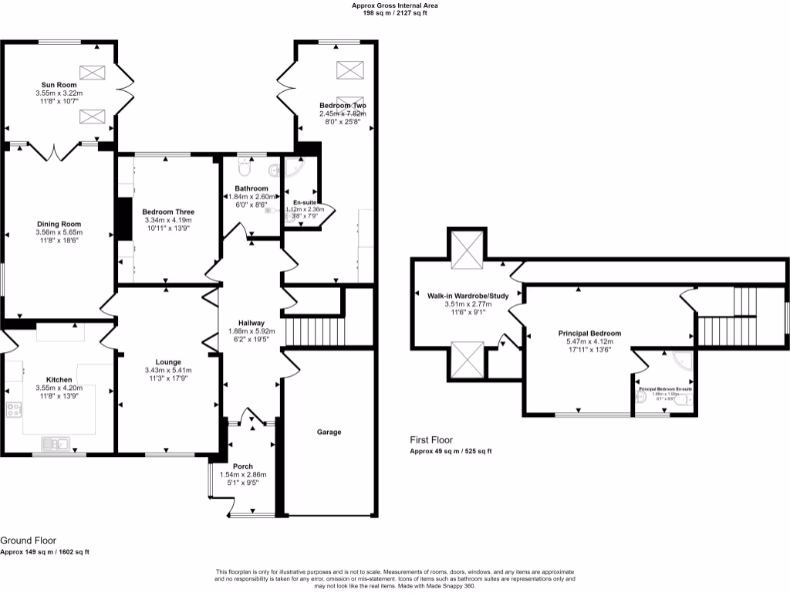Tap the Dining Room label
(x=59, y=224)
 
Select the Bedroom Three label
(x=168, y=212)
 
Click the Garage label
(x=329, y=432)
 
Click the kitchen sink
(x=56, y=443)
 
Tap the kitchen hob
(x=14, y=410)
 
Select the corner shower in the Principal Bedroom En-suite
(x=681, y=361)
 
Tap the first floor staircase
(x=725, y=317)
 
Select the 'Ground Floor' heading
(x=28, y=540)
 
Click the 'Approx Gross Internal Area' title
(x=395, y=5)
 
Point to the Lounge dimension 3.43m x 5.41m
(x=167, y=371)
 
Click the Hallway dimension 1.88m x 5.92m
(x=252, y=332)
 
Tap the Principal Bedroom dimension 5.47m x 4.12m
(x=589, y=342)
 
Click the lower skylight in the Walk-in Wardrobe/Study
(x=468, y=361)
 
